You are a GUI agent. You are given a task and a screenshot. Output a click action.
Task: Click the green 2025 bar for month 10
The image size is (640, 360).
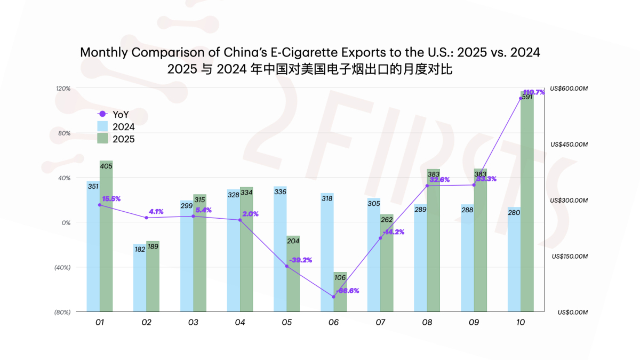(x=527, y=203)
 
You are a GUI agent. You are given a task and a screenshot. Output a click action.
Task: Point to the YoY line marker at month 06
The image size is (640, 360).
(x=334, y=297)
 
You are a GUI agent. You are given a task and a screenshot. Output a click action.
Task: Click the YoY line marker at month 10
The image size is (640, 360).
(x=521, y=98)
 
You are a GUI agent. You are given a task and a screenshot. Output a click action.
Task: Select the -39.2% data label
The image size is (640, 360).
(x=300, y=260)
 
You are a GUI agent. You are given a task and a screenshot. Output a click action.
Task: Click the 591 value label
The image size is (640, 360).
(x=527, y=97)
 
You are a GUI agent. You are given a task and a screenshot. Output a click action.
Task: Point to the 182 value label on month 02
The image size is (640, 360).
(x=140, y=249)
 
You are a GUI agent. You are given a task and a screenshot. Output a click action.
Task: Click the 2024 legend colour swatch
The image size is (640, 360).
(x=103, y=127)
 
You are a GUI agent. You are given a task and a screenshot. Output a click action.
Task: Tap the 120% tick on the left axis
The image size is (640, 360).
(x=64, y=88)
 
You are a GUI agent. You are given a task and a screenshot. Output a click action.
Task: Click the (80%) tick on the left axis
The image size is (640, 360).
(x=63, y=312)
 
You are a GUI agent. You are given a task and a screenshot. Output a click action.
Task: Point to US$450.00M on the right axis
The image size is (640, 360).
(x=569, y=144)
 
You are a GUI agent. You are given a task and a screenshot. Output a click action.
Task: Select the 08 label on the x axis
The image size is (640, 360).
(x=427, y=323)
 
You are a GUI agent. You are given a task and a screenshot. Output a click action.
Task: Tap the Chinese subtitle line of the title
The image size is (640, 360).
(x=310, y=69)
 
